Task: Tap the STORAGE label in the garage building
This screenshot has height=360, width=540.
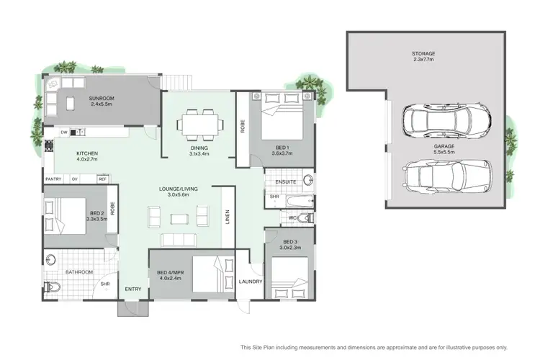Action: click(423, 53)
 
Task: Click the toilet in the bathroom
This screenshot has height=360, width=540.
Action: click(52, 287)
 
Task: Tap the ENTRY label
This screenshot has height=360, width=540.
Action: click(133, 289)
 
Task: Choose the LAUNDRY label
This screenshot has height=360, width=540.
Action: click(251, 282)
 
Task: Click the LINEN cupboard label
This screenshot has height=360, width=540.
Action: click(228, 215)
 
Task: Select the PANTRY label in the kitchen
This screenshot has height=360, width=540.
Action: click(53, 179)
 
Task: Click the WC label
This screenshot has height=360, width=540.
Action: click(292, 217)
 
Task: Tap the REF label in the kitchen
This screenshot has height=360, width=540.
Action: click(103, 179)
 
